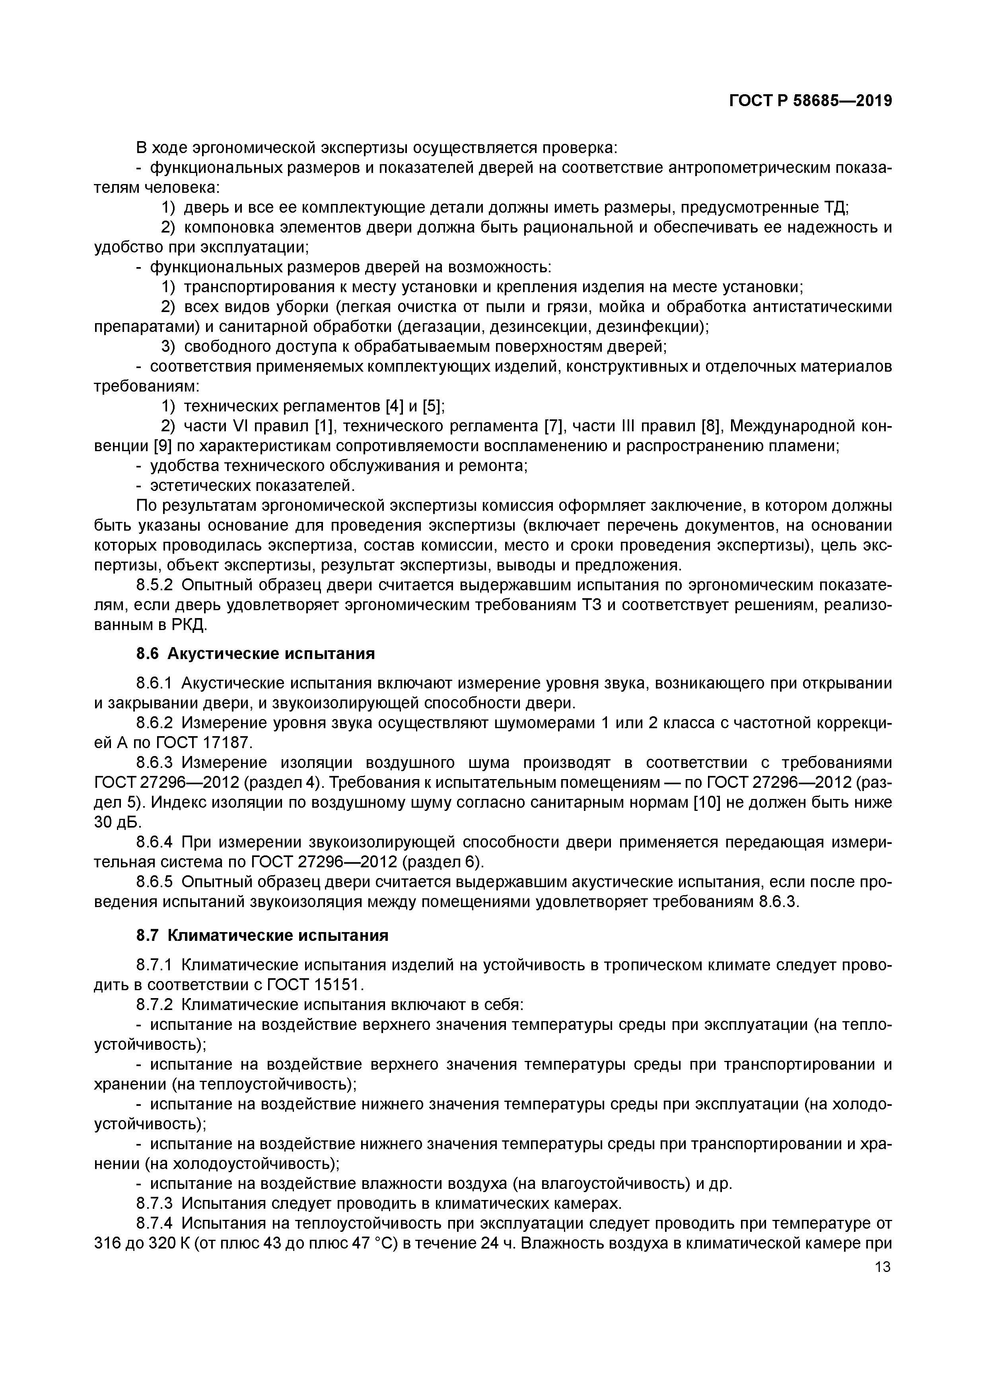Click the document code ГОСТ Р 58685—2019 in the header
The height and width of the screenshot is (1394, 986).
coord(811,101)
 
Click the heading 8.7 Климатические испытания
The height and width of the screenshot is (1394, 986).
coord(262,936)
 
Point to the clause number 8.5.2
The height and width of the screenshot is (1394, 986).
coord(154,585)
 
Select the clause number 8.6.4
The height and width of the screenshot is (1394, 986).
coord(154,842)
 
